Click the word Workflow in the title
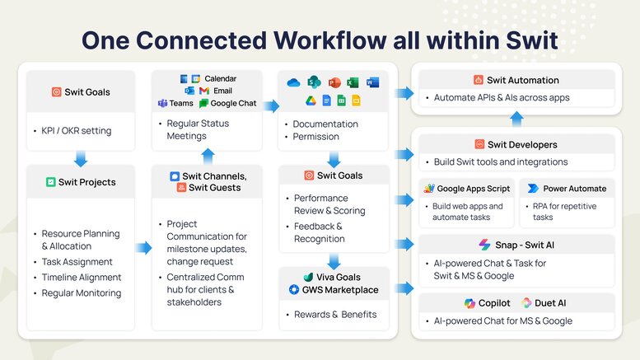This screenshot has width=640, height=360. tap(329, 40)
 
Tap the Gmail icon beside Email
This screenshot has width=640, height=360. tap(204, 91)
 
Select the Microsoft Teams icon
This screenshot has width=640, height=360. tap(162, 103)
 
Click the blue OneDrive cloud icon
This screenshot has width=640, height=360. tap(293, 83)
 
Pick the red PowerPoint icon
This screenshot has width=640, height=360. tap(334, 82)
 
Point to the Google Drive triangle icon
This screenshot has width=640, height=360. tap(311, 101)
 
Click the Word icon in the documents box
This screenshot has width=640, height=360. tap(372, 82)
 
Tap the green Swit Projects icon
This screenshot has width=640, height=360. tap(50, 182)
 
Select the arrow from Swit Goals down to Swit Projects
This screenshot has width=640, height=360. tap(81, 159)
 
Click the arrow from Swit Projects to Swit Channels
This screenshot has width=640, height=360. tap(143, 247)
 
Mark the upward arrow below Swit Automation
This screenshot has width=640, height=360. tap(516, 119)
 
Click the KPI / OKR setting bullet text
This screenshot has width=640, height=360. tap(77, 131)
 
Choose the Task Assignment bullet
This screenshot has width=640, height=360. tap(77, 262)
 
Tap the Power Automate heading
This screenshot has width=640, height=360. tap(574, 189)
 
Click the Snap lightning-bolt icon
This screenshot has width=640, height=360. tap(484, 245)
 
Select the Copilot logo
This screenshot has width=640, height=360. tap(469, 303)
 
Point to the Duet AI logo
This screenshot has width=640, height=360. tap(526, 303)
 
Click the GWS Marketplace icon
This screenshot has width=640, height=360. tap(294, 289)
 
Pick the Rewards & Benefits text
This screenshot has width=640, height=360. tap(335, 315)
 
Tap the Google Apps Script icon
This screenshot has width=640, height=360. tap(429, 188)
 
